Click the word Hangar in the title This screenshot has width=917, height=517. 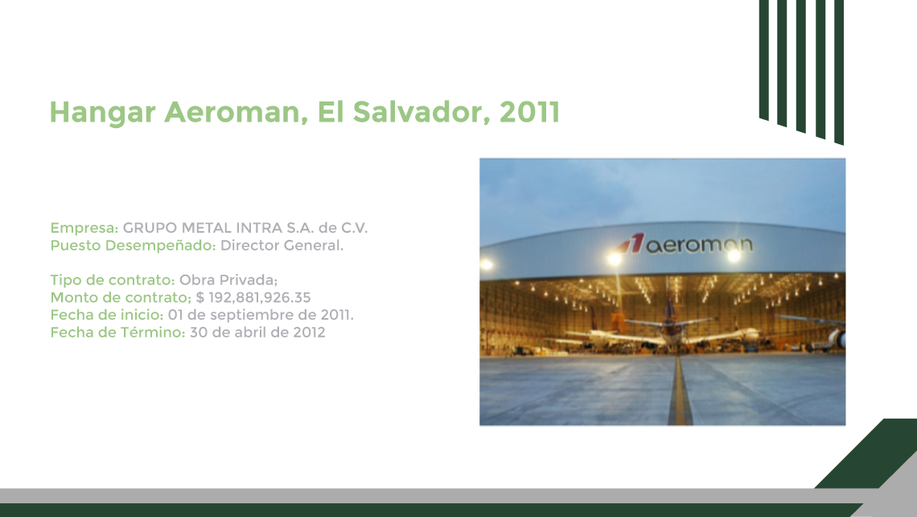[102, 113]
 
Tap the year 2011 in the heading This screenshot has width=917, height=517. [530, 112]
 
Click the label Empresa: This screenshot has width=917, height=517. [84, 228]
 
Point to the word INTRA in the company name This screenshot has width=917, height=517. [260, 228]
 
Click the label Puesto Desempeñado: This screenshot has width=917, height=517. [133, 246]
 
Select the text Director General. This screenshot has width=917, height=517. [282, 246]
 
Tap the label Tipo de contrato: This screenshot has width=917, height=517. [113, 280]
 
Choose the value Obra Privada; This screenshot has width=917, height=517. [228, 280]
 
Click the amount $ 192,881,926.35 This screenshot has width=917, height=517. [253, 297]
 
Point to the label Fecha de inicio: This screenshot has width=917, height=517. [106, 315]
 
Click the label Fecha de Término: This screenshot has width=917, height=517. [117, 333]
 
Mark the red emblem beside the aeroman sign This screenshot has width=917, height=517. [631, 243]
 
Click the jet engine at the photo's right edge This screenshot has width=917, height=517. [837, 338]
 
